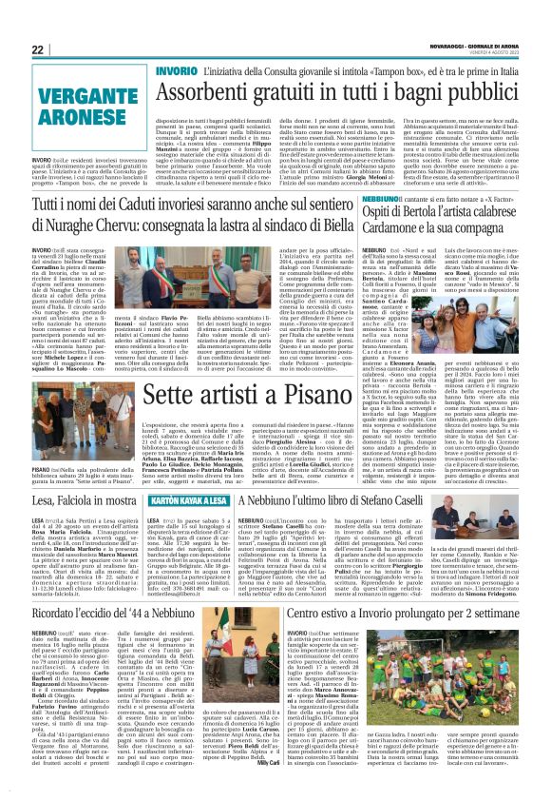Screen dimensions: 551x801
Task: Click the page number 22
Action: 38,49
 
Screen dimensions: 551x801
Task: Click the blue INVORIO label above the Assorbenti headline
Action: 175,72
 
